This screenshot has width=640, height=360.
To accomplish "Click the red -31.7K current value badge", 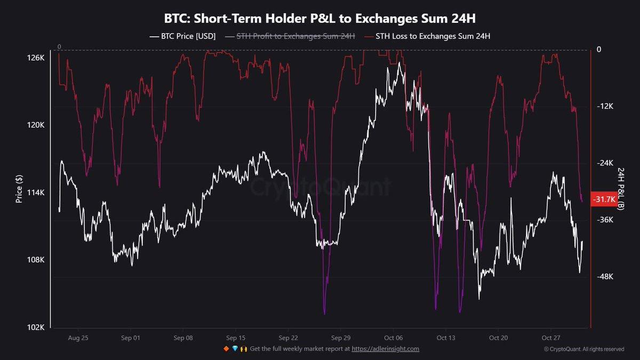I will [x=604, y=199].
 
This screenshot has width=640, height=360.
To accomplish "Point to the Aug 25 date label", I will [x=78, y=338].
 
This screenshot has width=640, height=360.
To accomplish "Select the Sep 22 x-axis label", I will [x=288, y=338].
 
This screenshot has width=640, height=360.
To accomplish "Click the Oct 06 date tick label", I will [x=393, y=338].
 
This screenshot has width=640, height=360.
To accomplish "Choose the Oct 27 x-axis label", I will [x=550, y=338].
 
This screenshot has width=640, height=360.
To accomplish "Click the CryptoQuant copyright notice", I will [x=584, y=349].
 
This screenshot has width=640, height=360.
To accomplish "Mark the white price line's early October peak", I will [x=398, y=62].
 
